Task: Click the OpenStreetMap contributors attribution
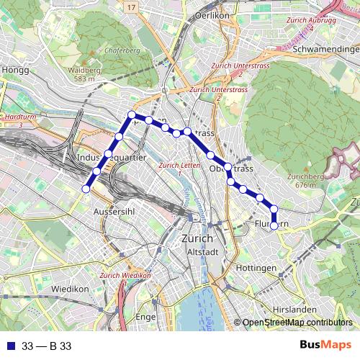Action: (297, 323)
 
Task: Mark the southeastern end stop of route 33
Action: (274, 225)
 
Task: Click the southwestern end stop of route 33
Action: (86, 189)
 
